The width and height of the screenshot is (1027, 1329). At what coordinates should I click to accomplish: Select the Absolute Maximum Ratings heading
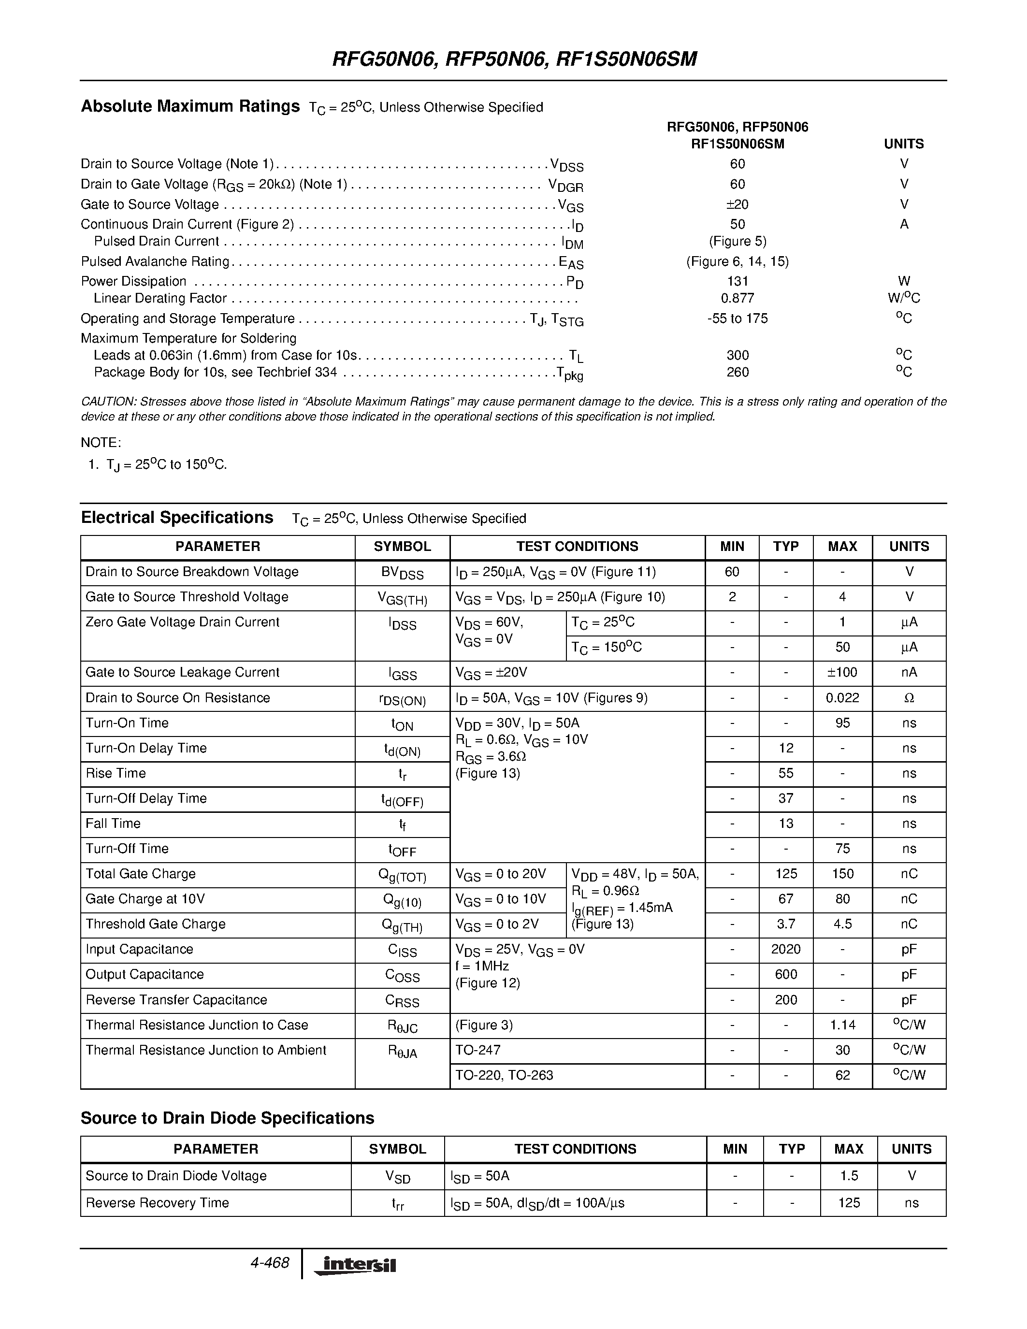[x=190, y=106]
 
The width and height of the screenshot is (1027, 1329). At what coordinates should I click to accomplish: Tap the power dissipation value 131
[x=738, y=281]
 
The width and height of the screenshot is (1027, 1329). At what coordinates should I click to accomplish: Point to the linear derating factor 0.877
[x=738, y=298]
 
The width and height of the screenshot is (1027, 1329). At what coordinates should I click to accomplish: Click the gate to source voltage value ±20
[x=738, y=204]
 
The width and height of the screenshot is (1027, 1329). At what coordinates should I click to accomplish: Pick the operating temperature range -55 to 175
[x=738, y=318]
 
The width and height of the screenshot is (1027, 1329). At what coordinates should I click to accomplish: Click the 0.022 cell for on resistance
[x=842, y=698]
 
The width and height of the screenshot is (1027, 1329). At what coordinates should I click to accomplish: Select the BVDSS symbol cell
[x=402, y=573]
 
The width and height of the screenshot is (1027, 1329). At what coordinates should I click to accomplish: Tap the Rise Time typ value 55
[x=785, y=773]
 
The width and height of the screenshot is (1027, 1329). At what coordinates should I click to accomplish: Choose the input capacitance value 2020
[x=785, y=949]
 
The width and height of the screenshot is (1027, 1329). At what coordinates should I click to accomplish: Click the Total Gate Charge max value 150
[x=842, y=874]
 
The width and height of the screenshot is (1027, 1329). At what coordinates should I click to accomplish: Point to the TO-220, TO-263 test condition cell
[x=505, y=1075]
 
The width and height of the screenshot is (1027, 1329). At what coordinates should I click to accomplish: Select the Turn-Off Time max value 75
[x=842, y=849]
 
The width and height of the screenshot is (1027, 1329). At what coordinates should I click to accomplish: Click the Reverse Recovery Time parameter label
[x=157, y=1202]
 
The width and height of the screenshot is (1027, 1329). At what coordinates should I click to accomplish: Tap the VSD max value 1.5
[x=848, y=1176]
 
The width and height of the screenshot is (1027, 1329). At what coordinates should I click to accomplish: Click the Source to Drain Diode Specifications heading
[x=227, y=1118]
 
